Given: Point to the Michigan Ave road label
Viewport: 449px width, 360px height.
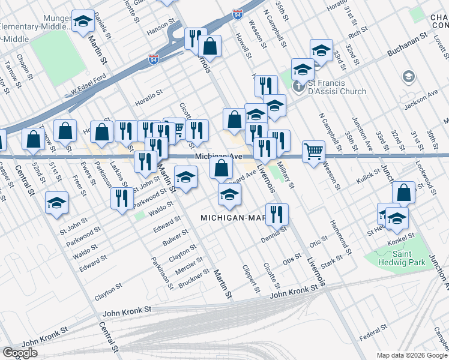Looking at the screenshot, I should (x=218, y=156).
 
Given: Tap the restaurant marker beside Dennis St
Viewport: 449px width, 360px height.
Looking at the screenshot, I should (x=277, y=214).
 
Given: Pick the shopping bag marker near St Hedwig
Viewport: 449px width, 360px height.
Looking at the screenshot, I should (x=403, y=193).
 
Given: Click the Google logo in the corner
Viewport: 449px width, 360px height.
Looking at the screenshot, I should (x=20, y=353).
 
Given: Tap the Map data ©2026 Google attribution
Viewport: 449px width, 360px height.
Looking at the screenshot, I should (x=411, y=355).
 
